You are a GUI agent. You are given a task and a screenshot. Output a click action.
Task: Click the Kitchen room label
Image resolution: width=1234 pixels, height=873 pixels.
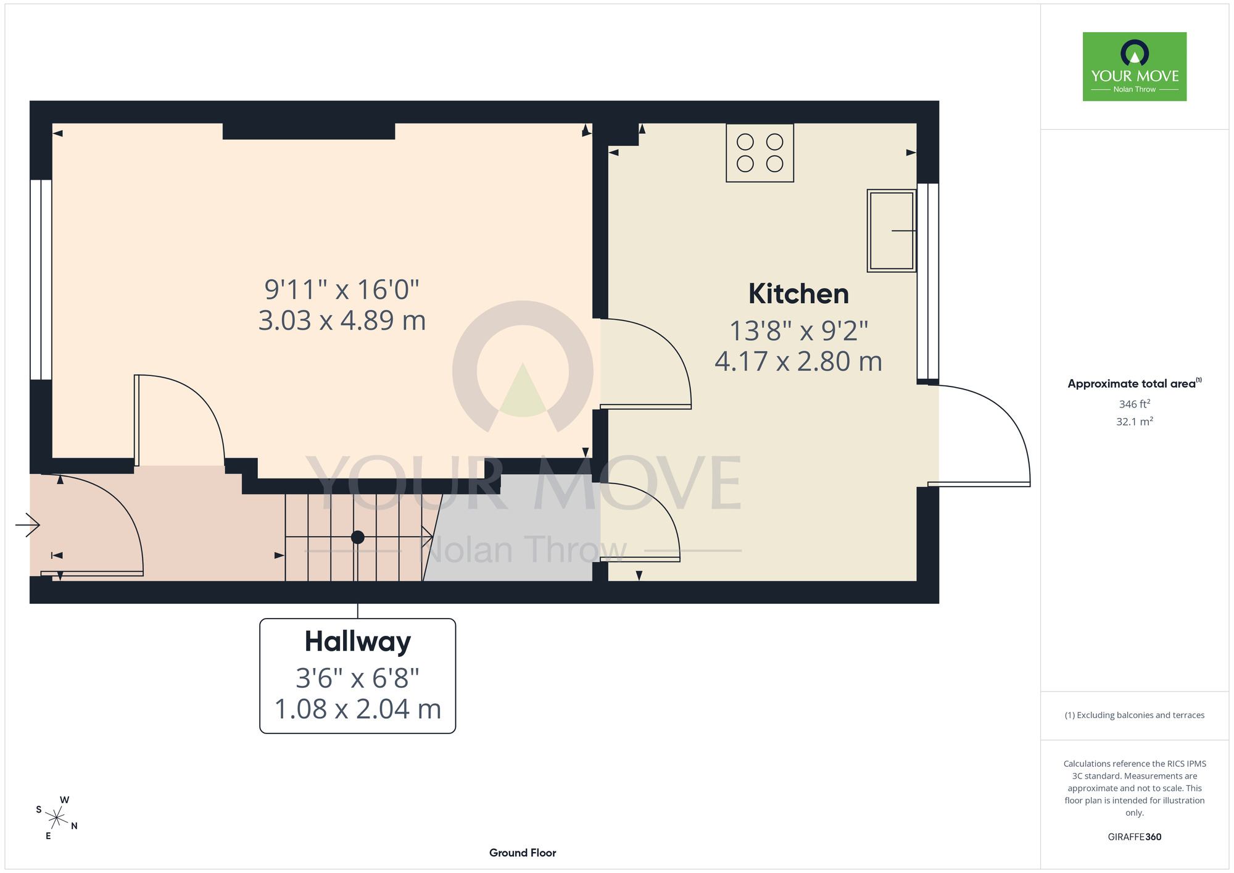798,294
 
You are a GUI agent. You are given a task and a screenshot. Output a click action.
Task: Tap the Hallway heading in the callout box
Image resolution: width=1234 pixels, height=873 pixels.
358,642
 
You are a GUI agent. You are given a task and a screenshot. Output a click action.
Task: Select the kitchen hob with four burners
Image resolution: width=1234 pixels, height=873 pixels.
760,152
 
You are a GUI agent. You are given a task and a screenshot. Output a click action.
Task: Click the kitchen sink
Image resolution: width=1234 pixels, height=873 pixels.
892,230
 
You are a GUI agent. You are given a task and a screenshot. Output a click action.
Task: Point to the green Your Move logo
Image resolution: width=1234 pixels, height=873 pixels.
1135,67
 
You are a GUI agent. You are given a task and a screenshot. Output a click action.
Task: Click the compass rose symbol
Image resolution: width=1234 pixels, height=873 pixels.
57,819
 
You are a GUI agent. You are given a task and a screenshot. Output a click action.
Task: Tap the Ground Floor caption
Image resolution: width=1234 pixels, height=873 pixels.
523,853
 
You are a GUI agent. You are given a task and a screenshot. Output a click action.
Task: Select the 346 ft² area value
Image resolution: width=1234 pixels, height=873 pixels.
1135,404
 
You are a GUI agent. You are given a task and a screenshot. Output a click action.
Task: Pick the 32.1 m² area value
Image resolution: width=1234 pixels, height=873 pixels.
1135,422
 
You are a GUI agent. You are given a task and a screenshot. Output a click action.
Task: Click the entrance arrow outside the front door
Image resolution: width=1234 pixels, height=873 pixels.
28,525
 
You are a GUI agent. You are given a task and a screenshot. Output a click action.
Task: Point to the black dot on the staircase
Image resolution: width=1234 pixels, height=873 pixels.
357,537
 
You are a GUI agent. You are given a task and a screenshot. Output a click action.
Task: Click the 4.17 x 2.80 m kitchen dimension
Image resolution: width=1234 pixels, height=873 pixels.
798,362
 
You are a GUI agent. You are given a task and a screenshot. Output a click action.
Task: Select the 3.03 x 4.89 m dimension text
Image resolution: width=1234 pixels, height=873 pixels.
342,320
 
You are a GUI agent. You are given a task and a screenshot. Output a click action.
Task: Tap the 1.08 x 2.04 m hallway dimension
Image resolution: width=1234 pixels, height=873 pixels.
358,709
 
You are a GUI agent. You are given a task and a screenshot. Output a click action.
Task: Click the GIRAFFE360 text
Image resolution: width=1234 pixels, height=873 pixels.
1135,837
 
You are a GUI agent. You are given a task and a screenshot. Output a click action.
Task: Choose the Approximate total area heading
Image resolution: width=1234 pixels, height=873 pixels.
1135,383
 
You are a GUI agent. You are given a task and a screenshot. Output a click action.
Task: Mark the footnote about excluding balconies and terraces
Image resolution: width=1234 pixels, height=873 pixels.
1135,715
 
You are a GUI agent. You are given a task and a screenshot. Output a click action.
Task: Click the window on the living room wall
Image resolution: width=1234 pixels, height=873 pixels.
41,280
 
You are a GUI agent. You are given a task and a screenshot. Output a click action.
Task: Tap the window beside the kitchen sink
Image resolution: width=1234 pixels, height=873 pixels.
928,281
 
